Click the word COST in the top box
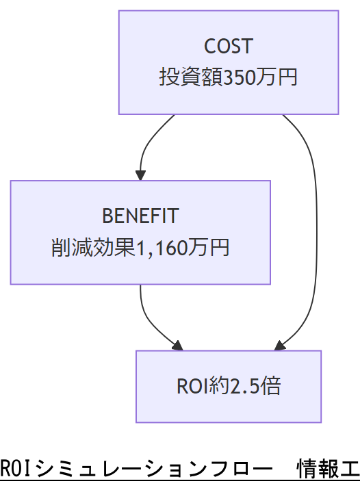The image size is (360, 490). coord(229,47)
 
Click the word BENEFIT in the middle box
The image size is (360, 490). coord(140,216)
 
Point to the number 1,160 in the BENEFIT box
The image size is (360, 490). coord(159,247)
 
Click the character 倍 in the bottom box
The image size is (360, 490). coord(271,386)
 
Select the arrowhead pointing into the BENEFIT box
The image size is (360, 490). coord(140,175)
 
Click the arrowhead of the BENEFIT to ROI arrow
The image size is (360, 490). coord(179,346)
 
